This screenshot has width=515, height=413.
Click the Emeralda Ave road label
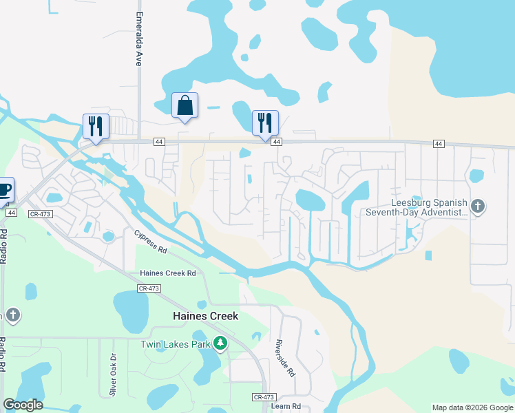(x=139, y=39)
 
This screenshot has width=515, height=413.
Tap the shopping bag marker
(x=185, y=105)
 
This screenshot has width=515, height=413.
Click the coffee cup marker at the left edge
(x=3, y=190)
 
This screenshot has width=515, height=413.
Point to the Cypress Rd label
(x=151, y=242)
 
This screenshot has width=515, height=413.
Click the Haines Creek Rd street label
(x=168, y=273)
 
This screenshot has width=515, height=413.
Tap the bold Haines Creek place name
(x=204, y=316)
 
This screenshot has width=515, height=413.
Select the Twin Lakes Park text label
(x=175, y=344)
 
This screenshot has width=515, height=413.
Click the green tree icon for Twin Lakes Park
(x=220, y=343)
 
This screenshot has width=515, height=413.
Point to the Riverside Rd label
(x=285, y=358)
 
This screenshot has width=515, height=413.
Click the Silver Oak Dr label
(x=112, y=375)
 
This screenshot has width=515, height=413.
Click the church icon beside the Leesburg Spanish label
(x=478, y=206)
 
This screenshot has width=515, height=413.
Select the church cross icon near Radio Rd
(x=12, y=316)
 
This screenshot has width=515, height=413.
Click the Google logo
(x=23, y=405)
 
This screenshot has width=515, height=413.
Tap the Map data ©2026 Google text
(x=472, y=407)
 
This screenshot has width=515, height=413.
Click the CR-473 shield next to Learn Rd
(x=263, y=397)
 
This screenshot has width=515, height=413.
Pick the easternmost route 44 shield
(x=439, y=143)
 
